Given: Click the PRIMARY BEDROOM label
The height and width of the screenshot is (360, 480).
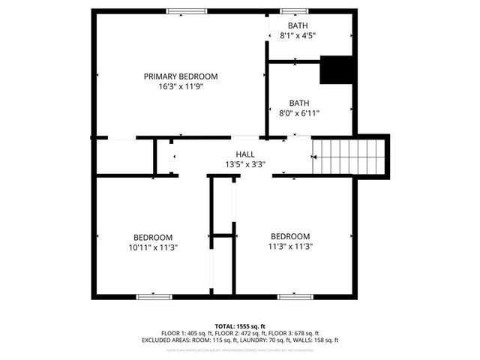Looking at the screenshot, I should pos(181,76).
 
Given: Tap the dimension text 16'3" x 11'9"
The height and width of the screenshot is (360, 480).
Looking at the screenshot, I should pos(181,86).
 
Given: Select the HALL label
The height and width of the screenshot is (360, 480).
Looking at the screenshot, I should pos(245,154).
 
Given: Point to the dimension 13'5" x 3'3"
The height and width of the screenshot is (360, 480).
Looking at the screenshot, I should pos(245,164).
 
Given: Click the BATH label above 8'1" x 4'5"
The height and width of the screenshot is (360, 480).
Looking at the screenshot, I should pos(298,25).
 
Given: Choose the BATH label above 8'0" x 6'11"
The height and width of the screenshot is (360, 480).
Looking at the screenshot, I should pos(299,103).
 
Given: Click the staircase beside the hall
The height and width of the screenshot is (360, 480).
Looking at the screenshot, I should pos(349,156).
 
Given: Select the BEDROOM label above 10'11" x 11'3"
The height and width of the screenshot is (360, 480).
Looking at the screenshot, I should pos(153,236).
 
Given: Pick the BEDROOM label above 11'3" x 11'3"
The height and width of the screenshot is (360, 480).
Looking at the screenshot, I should pos(290,235).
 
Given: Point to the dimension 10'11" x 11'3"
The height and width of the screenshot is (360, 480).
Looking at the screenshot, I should pos(153,246).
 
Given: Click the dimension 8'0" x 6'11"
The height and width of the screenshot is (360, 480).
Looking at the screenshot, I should pos(299,113).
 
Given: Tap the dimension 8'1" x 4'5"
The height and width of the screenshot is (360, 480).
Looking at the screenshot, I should pos(298,35).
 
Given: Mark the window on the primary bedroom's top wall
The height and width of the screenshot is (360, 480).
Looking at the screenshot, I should pos(186,10).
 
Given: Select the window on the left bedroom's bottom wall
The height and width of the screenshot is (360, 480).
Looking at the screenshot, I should pos(154,297).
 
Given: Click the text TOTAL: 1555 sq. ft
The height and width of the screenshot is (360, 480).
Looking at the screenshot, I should pos(239,325).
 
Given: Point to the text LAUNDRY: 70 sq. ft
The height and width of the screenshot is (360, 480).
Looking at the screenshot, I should pos(265,340).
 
